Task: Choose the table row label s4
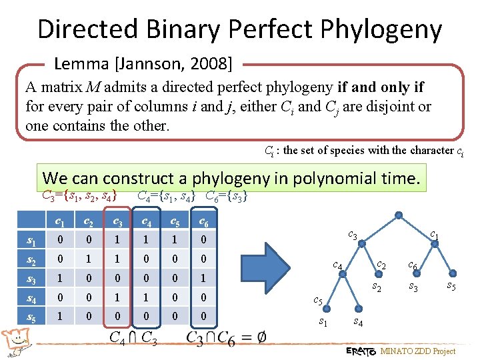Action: click(31, 298)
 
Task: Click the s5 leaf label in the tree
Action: click(451, 287)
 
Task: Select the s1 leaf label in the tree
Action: click(323, 323)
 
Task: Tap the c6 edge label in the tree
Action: click(413, 265)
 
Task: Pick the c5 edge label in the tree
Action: click(318, 301)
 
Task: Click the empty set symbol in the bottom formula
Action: click(261, 338)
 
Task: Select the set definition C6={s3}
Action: click(227, 195)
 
